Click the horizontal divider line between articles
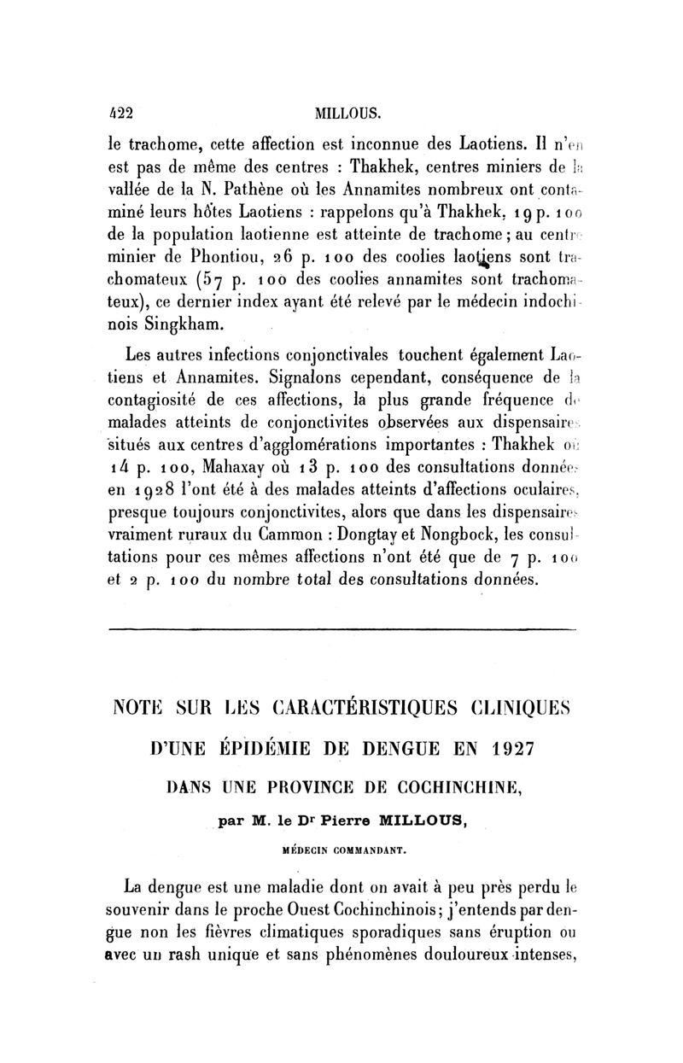click(341, 632)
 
